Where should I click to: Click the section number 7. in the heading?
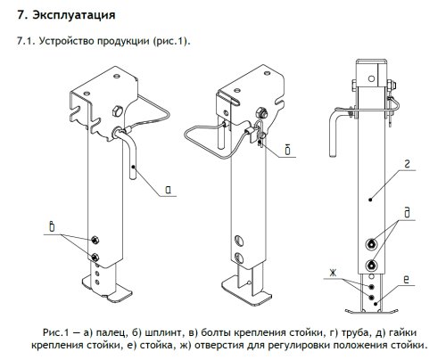click(x=12, y=16)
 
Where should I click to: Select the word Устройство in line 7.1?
click(x=60, y=42)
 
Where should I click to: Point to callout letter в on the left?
click(x=53, y=229)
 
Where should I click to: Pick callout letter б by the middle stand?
click(x=289, y=148)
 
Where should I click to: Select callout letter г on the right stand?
click(x=406, y=162)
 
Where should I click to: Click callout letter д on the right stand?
click(x=406, y=210)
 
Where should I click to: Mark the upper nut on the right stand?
click(x=370, y=245)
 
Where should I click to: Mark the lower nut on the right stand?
click(x=370, y=264)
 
